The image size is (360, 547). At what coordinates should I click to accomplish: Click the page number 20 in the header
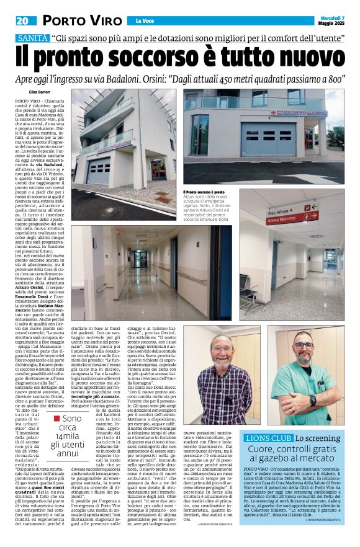[24, 20]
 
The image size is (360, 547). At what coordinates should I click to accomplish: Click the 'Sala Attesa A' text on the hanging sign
[279, 211]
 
